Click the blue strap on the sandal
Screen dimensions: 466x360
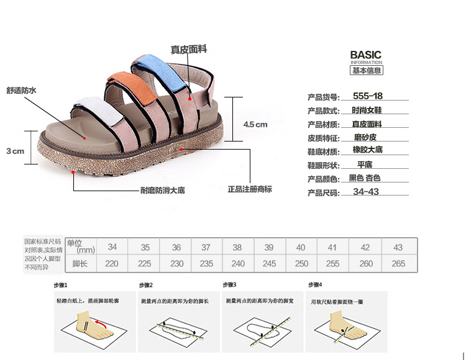coord(163,70)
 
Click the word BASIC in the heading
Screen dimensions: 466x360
coord(366,55)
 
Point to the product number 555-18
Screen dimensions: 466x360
coord(367,96)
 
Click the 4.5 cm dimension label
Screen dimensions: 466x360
coord(255,124)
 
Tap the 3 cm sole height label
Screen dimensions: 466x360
coord(15,151)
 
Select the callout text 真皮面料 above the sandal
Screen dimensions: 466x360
coord(189,49)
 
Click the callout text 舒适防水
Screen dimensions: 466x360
coord(22,91)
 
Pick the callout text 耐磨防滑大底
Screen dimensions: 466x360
coord(162,191)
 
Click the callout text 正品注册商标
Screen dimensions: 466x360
coord(250,189)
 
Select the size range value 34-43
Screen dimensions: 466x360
coord(366,192)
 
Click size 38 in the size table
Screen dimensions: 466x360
coord(237,247)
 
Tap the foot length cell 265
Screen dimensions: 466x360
coord(398,264)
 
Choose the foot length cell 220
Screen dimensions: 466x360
coord(112,264)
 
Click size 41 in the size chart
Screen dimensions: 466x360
coord(332,247)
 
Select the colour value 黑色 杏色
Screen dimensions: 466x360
coord(364,178)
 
